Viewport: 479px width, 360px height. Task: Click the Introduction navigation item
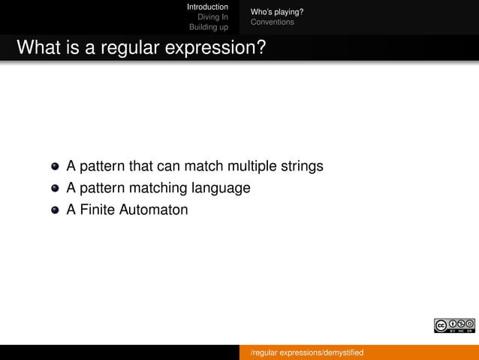pyautogui.click(x=207, y=7)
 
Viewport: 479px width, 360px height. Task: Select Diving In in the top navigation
pyautogui.click(x=212, y=17)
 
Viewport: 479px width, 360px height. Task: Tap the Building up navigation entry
pyautogui.click(x=208, y=28)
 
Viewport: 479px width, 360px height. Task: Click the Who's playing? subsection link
pyautogui.click(x=276, y=12)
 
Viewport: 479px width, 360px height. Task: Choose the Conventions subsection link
pyautogui.click(x=272, y=23)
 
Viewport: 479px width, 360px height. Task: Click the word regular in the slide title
pyautogui.click(x=122, y=48)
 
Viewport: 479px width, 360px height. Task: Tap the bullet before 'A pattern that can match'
pyautogui.click(x=56, y=166)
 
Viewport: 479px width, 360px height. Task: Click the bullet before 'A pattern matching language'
pyautogui.click(x=56, y=188)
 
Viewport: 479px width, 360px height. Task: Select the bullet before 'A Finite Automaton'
pyautogui.click(x=56, y=210)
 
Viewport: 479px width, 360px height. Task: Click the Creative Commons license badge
pyautogui.click(x=454, y=325)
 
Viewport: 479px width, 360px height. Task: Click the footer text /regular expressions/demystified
pyautogui.click(x=306, y=352)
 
